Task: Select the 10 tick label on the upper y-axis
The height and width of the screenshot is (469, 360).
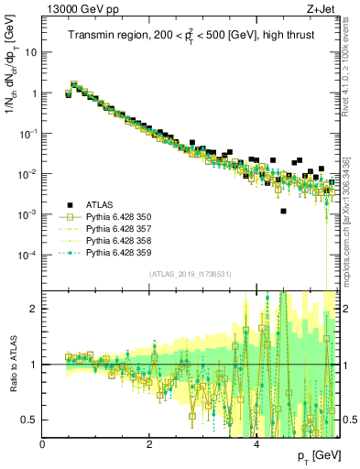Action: (x=31, y=52)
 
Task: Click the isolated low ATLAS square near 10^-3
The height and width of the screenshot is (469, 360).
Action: (x=283, y=212)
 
